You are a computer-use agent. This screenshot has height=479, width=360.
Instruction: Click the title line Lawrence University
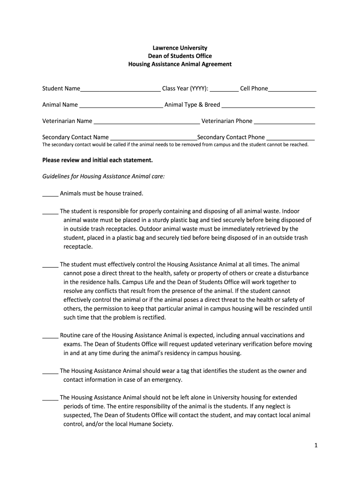(x=180, y=48)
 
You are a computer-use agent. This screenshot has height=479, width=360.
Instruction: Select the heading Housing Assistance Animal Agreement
(x=180, y=64)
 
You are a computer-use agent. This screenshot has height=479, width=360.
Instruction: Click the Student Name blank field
(x=120, y=89)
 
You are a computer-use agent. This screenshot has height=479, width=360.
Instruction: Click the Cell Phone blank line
(x=292, y=89)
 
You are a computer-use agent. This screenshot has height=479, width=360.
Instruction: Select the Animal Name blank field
(x=121, y=105)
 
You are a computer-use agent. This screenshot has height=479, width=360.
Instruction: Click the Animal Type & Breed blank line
(x=268, y=105)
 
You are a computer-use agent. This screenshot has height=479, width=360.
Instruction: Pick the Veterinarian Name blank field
(x=146, y=122)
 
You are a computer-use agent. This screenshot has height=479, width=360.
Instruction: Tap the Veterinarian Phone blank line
(x=284, y=122)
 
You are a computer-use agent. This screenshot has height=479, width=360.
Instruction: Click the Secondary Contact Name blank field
(x=153, y=138)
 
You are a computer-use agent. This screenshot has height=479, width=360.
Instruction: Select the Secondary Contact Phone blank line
(x=290, y=138)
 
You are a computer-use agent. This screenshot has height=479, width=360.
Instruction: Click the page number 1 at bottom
(x=316, y=446)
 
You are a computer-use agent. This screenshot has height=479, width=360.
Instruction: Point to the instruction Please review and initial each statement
(x=98, y=160)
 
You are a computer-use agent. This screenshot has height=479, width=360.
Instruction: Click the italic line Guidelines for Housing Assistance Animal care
(x=103, y=177)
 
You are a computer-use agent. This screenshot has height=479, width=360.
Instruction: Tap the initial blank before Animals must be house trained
(x=50, y=194)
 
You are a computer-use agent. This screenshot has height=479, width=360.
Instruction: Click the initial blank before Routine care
(x=50, y=335)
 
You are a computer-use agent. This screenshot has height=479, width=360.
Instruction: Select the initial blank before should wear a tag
(x=50, y=371)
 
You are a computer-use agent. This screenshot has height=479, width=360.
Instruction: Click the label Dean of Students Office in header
(x=180, y=56)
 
